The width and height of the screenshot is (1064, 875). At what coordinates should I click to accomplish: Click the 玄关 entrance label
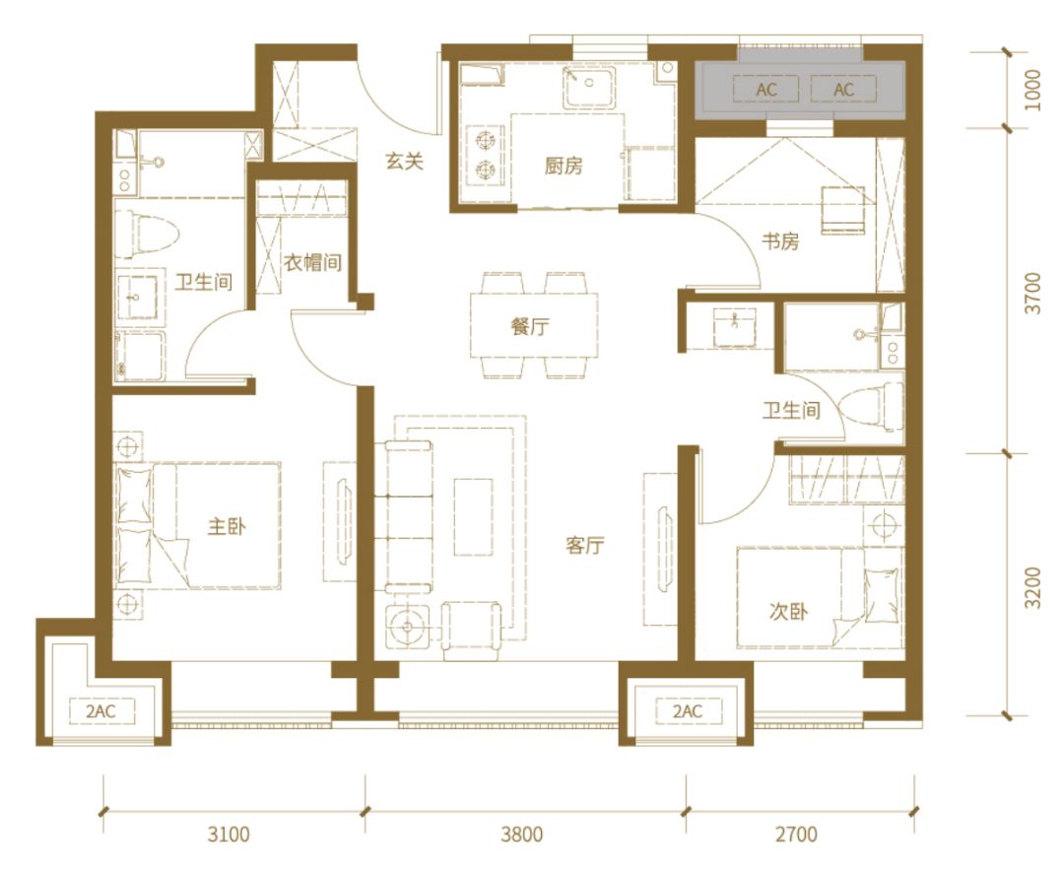pos(405,161)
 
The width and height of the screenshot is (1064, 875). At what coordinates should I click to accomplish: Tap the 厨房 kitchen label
pos(564,165)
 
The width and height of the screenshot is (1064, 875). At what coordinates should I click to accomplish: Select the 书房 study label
pos(779,241)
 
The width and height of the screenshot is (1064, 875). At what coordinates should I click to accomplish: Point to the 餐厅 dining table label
pos(530,326)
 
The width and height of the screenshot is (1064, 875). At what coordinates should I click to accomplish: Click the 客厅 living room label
pos(585,545)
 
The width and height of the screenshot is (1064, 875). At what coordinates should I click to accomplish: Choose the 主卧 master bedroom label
pos(227,526)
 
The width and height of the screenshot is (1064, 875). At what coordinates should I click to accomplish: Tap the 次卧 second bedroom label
pos(788,612)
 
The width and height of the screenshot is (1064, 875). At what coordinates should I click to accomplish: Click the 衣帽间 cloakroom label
pos(312,262)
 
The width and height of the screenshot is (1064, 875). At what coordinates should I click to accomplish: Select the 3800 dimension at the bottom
pos(522,834)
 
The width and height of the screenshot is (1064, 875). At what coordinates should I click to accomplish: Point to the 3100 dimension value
pos(229,834)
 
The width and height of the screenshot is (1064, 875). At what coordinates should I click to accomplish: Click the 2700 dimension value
pos(796,834)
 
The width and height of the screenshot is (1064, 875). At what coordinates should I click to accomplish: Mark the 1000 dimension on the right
pos(1032,91)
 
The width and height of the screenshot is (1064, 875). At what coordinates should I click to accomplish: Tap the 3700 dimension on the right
pos(1032,293)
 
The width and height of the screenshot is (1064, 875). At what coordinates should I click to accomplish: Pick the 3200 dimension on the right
pos(1032,587)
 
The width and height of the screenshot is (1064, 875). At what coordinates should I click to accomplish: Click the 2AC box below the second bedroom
pos(688,711)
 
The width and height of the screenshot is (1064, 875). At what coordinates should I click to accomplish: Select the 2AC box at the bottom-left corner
pos(100,711)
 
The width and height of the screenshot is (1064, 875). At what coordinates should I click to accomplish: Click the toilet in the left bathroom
pos(147,235)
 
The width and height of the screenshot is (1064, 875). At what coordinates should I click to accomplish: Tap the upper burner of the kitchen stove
pos(485,141)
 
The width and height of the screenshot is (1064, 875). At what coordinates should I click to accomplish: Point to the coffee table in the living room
pos(474,517)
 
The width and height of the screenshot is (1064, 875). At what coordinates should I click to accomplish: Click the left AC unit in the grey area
pos(766,90)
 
